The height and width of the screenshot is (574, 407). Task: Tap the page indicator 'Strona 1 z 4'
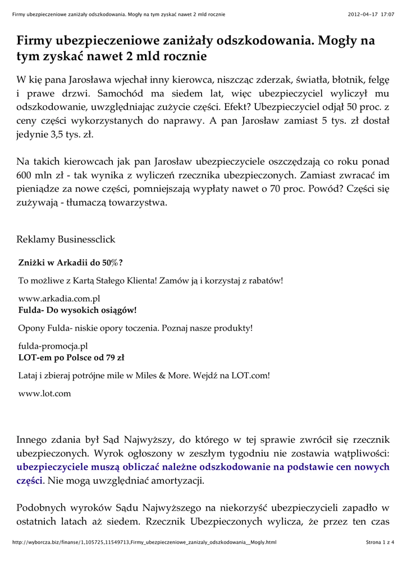380,543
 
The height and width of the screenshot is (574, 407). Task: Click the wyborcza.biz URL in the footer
144,543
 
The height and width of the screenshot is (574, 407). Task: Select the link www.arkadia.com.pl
59,299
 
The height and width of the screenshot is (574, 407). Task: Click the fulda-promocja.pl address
53,346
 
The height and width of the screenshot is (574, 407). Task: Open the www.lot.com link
45,393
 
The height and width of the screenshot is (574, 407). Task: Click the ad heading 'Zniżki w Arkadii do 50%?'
71,262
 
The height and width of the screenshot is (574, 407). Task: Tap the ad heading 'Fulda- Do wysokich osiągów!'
77,309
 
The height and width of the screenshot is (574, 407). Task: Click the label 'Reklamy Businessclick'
66,239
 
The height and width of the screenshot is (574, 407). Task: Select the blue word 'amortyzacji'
180,480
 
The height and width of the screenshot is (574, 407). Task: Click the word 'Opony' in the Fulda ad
31,328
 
